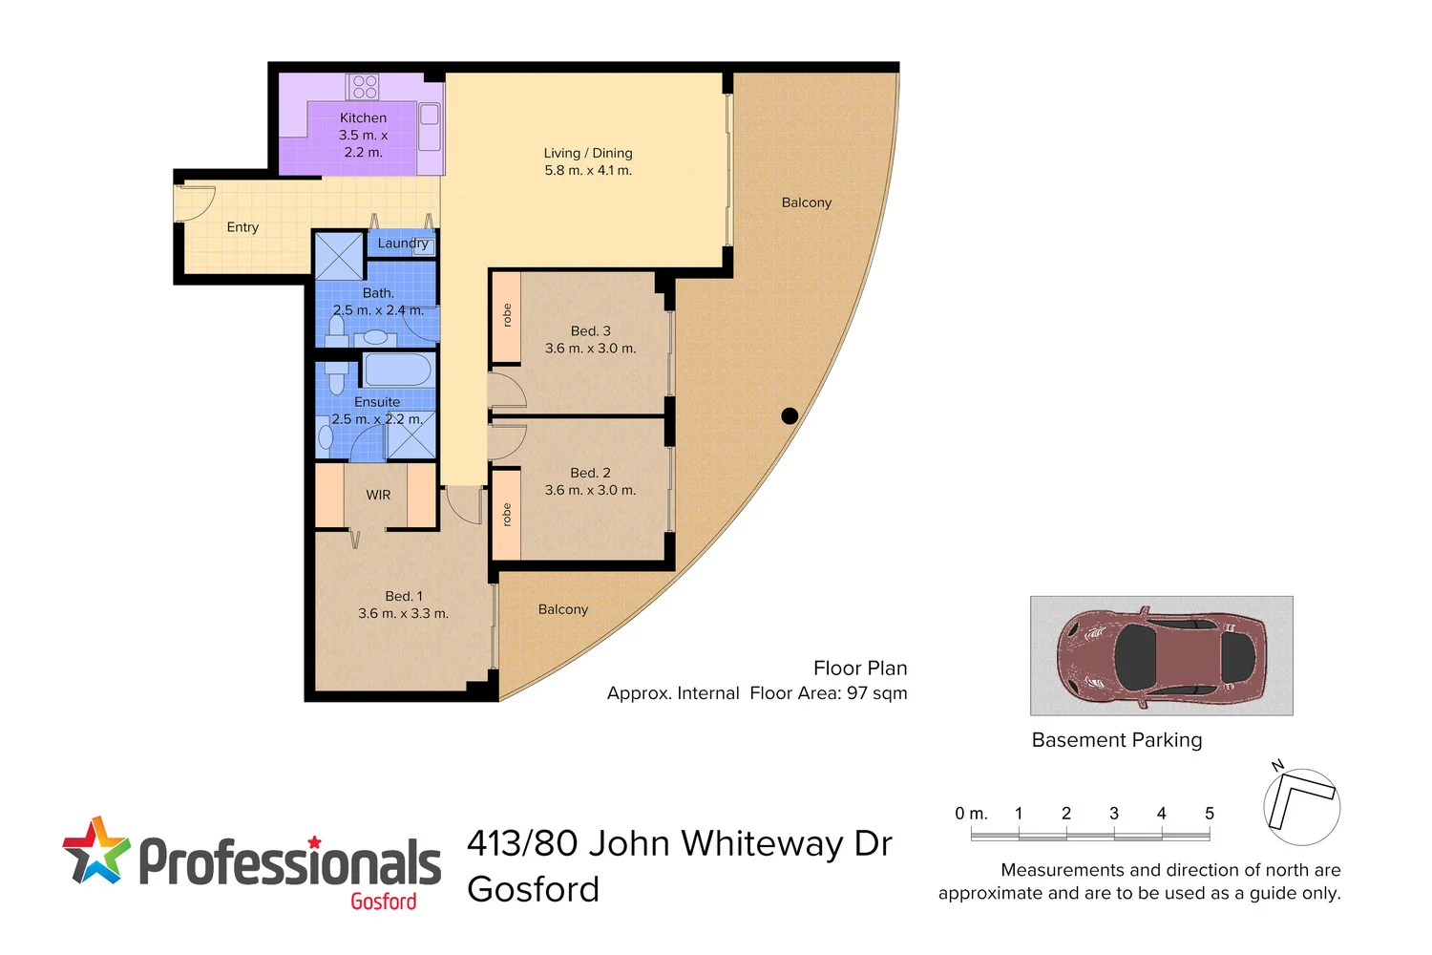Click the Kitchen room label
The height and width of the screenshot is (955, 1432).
pyautogui.click(x=363, y=117)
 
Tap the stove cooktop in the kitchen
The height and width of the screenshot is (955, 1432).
pyautogui.click(x=364, y=87)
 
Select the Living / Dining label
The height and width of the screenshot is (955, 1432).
pyautogui.click(x=588, y=153)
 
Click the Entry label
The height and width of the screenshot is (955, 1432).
pyautogui.click(x=242, y=227)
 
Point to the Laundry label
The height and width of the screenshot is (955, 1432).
pyautogui.click(x=402, y=243)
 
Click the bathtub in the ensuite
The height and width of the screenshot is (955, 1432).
pyautogui.click(x=397, y=370)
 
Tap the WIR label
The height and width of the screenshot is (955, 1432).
pyautogui.click(x=378, y=495)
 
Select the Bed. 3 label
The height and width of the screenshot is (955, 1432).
pyautogui.click(x=590, y=331)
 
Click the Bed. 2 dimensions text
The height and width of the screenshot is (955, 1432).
pyautogui.click(x=590, y=490)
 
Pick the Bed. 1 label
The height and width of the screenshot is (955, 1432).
pyautogui.click(x=403, y=596)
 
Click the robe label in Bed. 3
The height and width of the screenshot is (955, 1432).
pyautogui.click(x=507, y=315)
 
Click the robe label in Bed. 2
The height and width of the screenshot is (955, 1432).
pyautogui.click(x=507, y=515)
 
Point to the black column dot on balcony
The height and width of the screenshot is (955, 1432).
pyautogui.click(x=790, y=415)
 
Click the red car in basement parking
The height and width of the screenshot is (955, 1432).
pyautogui.click(x=1160, y=656)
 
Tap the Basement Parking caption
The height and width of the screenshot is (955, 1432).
pyautogui.click(x=1117, y=740)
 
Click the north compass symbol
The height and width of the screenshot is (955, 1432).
pyautogui.click(x=1301, y=805)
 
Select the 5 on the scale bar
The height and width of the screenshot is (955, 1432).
pyautogui.click(x=1209, y=814)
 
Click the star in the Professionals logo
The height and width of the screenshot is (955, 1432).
pyautogui.click(x=95, y=850)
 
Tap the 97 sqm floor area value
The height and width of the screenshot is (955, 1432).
pyautogui.click(x=876, y=693)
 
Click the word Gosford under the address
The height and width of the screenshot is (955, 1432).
pyautogui.click(x=533, y=889)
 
